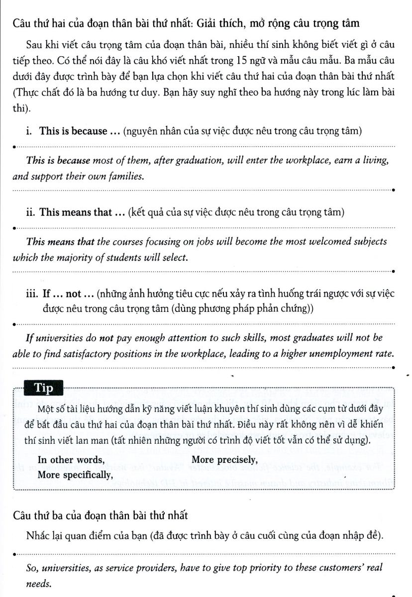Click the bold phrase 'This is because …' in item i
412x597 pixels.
point(73,131)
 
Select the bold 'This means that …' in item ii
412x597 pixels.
point(75,212)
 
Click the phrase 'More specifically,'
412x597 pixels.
point(75,474)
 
